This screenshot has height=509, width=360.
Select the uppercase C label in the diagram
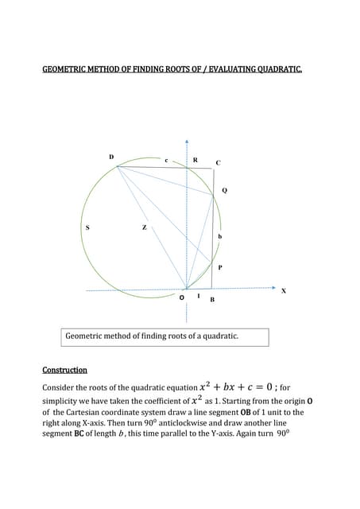[x=219, y=162]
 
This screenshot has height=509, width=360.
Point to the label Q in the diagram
[x=224, y=191]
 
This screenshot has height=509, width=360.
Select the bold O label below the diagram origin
[x=182, y=298]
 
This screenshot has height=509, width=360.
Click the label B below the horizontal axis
[x=212, y=300]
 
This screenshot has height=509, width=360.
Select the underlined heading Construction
[x=64, y=370]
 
